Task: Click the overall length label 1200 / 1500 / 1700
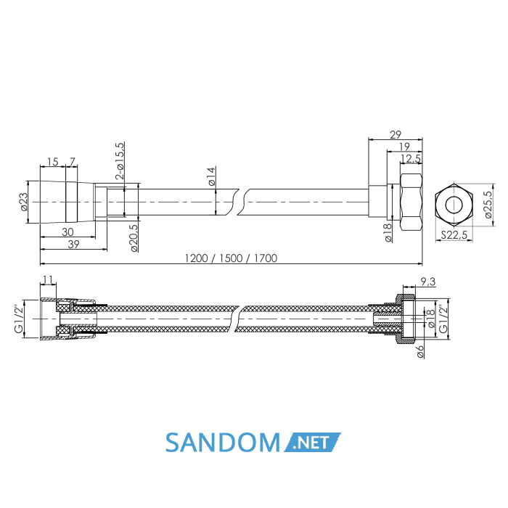pos(231,258)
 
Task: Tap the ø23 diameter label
pos(24,202)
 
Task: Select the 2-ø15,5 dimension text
pos(120,161)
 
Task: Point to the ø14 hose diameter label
pos(211,176)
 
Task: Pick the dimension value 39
pos(73,245)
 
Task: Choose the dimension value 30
pos(67,232)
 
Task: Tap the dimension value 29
pos(396,134)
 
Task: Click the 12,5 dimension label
pos(411,159)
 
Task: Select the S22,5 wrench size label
pos(454,235)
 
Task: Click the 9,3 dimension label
pos(428,282)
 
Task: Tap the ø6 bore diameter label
pos(420,351)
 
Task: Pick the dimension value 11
pos(48,279)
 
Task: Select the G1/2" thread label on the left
pos(19,319)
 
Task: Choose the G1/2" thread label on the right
pos(443,319)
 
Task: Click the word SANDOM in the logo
pos(223,442)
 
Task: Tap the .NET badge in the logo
pos(312,442)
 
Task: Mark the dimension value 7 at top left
pos(73,161)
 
